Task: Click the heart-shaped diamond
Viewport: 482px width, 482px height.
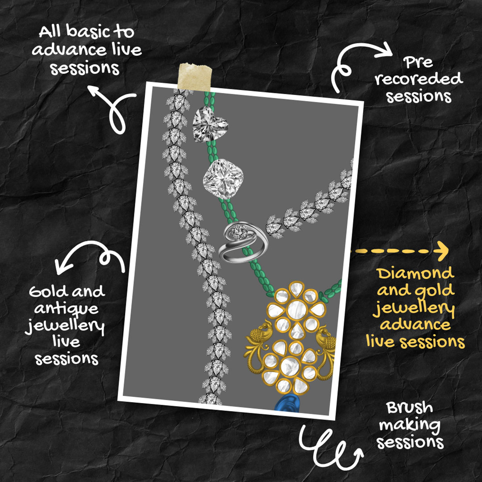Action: [x=210, y=124]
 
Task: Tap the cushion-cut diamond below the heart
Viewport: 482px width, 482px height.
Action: [x=224, y=179]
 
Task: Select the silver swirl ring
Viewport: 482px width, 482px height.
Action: [x=243, y=243]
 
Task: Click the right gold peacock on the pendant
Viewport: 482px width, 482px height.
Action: [x=326, y=350]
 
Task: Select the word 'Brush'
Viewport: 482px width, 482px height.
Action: [x=409, y=408]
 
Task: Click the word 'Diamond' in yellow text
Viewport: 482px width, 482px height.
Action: [x=416, y=273]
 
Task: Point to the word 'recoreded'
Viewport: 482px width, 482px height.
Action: [x=419, y=79]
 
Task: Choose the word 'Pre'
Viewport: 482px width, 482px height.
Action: [x=418, y=62]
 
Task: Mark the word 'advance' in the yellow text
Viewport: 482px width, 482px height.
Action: [x=416, y=324]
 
